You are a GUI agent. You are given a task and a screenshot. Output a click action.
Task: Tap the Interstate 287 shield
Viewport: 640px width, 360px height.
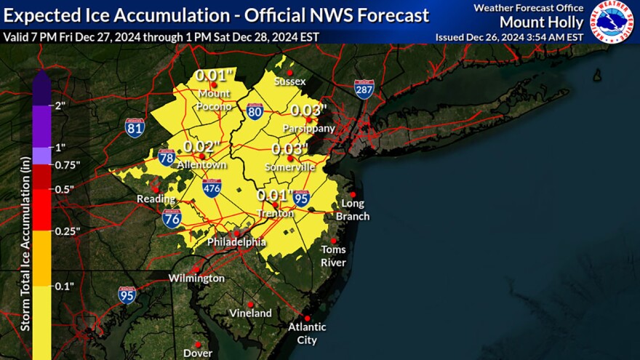pos(364,89)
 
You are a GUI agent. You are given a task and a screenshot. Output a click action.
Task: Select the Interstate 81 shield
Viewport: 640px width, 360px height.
pos(135,128)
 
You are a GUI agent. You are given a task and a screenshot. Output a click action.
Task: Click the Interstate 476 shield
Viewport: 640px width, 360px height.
pos(212,188)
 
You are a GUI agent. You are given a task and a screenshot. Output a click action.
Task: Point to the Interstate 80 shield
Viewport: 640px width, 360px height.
pos(255,111)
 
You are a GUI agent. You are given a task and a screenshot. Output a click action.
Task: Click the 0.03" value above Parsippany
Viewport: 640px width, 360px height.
pos(309,111)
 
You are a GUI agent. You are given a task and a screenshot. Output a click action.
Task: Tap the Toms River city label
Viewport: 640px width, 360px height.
pos(334,256)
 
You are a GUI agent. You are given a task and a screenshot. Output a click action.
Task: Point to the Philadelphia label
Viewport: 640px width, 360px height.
pos(236,241)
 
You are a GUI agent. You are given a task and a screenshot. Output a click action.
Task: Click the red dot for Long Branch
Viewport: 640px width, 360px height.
pos(353,194)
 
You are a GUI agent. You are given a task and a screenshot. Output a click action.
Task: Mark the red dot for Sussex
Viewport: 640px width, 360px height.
pos(289,72)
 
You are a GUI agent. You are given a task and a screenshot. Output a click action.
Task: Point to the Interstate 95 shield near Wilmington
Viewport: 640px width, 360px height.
pos(127,295)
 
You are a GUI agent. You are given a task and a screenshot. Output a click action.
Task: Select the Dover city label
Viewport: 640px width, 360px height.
pos(198,353)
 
